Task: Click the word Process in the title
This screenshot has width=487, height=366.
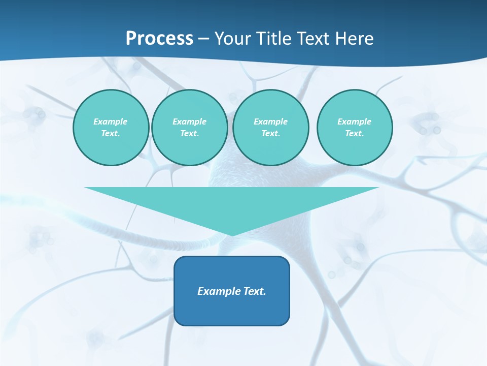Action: tap(159, 38)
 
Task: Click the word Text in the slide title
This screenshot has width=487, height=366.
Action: tap(314, 38)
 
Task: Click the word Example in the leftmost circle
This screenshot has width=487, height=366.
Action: tap(111, 121)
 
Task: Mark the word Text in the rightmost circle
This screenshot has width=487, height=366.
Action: tap(354, 133)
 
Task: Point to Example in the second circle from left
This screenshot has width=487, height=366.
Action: tap(189, 121)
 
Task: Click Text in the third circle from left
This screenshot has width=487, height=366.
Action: tap(270, 133)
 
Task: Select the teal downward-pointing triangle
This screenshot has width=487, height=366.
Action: tap(232, 203)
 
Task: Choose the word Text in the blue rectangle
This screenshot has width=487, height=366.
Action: tap(254, 291)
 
